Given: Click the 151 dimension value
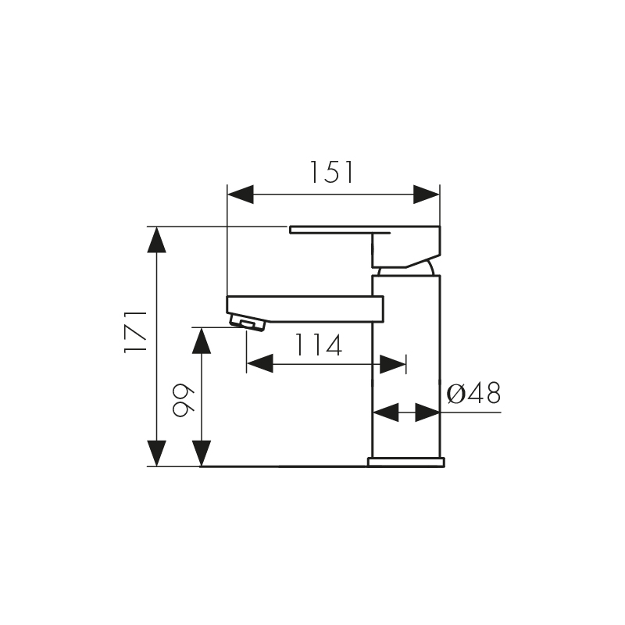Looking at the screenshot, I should coord(332,172).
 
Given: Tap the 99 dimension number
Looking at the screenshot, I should coord(181,401).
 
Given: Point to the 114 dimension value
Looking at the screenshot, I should coord(318,345).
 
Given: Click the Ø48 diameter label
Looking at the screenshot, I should coord(473,393).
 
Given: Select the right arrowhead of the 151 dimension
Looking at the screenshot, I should coord(427,194).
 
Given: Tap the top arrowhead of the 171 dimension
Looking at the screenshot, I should coord(157,239).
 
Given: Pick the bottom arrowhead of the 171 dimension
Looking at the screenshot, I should coord(157,453).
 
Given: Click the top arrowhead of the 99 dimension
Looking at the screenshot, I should coord(202,340).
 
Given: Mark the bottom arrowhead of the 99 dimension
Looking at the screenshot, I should coord(202,453).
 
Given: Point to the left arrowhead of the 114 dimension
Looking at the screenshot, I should coord(259,363).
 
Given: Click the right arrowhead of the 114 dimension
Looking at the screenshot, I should coord(392,363).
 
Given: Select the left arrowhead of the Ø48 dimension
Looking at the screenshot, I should coord(385,412).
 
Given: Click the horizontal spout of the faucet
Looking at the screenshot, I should coord(305,309).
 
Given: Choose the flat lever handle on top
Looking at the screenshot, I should coord(340,230).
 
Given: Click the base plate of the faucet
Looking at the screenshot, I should coord(406,462).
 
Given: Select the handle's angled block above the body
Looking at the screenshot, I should coord(405,248).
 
